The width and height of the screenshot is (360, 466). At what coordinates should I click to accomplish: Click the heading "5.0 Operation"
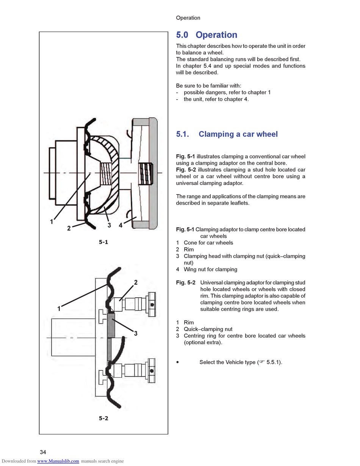click(207, 35)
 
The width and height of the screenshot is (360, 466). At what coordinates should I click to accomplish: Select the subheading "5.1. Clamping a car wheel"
click(227, 134)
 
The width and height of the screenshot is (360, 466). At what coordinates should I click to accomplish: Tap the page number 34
click(43, 452)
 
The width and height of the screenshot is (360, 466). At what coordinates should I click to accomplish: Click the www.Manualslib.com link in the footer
click(58, 461)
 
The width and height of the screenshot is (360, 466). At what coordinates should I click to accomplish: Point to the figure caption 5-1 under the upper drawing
click(103, 242)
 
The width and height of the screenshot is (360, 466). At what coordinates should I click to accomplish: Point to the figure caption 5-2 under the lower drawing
click(103, 418)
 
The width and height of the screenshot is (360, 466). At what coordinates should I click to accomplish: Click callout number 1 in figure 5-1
click(52, 222)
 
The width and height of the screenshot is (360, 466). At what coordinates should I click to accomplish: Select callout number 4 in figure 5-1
click(121, 225)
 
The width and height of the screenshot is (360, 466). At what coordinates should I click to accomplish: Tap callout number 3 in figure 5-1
click(109, 225)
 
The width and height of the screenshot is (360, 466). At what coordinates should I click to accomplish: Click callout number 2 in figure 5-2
click(136, 282)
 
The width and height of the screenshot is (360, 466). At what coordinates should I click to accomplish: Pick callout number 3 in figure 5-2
click(135, 334)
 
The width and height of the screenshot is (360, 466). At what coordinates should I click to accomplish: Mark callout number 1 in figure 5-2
click(59, 309)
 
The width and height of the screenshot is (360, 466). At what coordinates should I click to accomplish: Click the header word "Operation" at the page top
click(188, 18)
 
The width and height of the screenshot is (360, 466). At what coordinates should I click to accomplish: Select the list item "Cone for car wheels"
click(208, 243)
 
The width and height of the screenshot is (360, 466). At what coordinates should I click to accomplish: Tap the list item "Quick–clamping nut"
click(208, 329)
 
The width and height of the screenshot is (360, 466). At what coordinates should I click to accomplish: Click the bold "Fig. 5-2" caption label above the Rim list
click(186, 283)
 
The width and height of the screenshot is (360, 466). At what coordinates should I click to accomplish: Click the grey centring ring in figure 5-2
click(111, 326)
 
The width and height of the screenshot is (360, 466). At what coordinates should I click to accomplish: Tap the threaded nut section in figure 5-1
click(146, 173)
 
